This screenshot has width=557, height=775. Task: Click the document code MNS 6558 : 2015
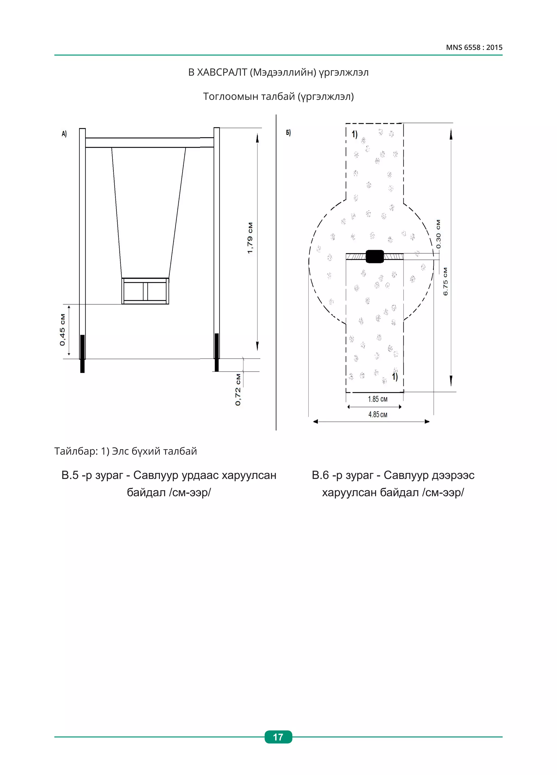click(474, 47)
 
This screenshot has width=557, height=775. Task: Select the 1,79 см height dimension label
click(250, 238)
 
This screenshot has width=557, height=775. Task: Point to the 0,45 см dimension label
click(62, 330)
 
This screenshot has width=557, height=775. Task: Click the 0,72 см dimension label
click(238, 390)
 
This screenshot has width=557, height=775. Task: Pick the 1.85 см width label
click(377, 399)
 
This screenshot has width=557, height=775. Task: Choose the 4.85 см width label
click(377, 415)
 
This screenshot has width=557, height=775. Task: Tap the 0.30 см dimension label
click(438, 234)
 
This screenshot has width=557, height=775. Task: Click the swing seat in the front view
click(145, 291)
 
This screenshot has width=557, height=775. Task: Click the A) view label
click(64, 134)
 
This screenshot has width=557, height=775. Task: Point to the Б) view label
click(288, 133)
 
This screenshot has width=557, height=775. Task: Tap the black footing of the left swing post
click(82, 353)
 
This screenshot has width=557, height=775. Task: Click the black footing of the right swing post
click(216, 352)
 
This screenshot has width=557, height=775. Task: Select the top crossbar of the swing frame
click(149, 142)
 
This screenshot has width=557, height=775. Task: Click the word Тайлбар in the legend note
click(76, 451)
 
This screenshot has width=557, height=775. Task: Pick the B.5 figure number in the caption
click(70, 475)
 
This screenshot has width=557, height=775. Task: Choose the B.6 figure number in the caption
click(320, 475)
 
